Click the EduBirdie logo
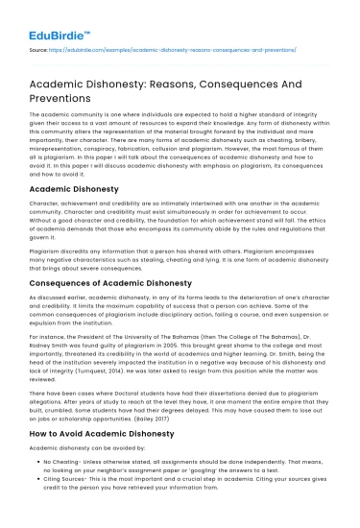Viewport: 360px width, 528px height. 47,18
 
